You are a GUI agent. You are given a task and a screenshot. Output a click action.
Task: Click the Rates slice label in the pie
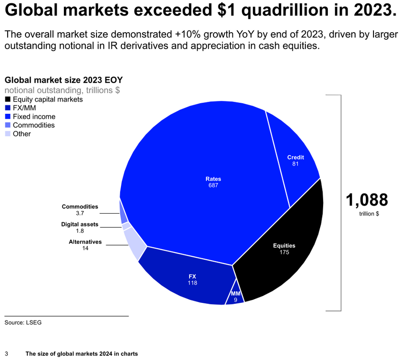coord(214,179)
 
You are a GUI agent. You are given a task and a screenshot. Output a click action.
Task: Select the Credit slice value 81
coord(295,164)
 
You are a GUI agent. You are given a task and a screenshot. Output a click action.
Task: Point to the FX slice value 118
coord(192,283)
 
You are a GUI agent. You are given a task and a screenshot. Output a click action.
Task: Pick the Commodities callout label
coord(80,206)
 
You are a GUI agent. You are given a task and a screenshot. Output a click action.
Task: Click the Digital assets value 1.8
coord(80,231)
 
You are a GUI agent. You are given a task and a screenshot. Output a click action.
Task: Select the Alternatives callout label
coord(85,242)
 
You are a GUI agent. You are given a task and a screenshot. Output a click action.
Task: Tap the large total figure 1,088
coord(367,199)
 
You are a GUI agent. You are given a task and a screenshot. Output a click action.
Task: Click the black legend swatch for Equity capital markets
coord(8,99)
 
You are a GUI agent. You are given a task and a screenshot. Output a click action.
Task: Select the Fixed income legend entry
coord(34,117)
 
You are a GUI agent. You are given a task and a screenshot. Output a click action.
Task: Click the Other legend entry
coord(22,134)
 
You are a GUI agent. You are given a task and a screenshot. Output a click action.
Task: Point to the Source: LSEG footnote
coord(23,323)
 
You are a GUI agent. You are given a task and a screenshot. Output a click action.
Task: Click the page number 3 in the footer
coord(6,354)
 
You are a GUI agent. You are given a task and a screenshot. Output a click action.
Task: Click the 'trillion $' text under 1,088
coord(369,214)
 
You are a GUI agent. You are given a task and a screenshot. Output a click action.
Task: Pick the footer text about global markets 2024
coord(82,354)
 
